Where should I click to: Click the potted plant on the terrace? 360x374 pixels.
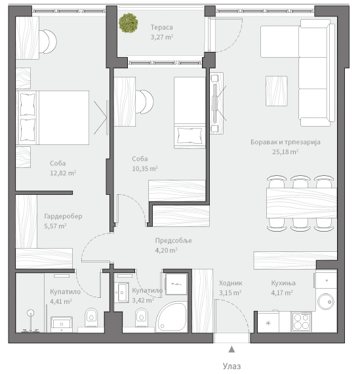pos(129,23)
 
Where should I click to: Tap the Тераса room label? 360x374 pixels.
pos(162,28)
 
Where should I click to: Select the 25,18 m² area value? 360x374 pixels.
pos(285,152)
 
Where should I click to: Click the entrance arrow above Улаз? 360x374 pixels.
pos(231,349)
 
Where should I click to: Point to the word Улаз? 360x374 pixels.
pos(231,366)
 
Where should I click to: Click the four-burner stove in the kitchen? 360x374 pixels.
pos(301,322)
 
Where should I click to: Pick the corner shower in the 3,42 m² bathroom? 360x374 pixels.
pos(172,316)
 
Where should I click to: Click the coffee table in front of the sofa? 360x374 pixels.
pos(277,91)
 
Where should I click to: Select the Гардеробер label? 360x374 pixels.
pos(63,217)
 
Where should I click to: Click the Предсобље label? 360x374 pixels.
pos(173,240)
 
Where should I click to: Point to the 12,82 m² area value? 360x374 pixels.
pos(63,173)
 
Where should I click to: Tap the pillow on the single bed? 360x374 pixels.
pos(190,135)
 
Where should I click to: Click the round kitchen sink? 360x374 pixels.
pos(326,302)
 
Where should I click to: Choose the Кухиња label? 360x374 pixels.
pos(283,283)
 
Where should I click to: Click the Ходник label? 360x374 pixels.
pos(231,283)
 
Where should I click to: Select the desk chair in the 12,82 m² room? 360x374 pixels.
pos(48,41)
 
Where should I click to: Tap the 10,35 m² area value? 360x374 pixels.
pos(145,169)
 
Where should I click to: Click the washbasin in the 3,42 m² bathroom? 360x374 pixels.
pos(121,292)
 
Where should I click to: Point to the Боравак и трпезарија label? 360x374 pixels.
pos(285,142)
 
